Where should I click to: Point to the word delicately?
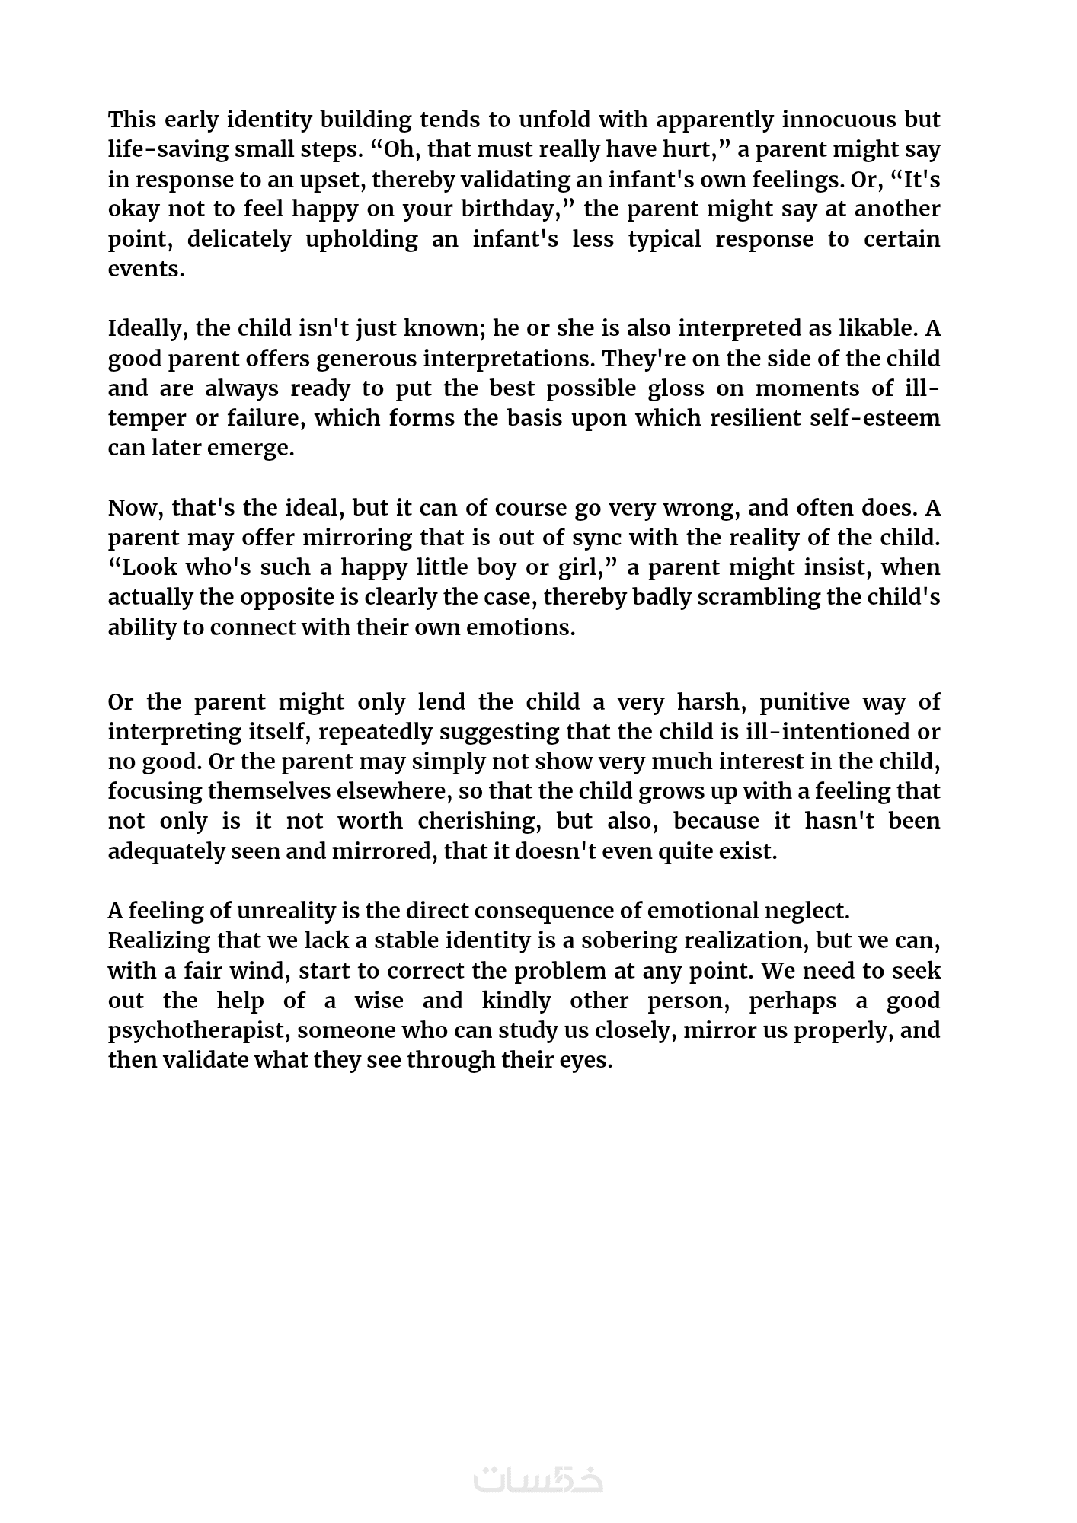(x=239, y=240)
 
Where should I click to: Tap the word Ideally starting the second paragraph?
(x=148, y=329)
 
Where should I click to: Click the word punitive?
(x=801, y=702)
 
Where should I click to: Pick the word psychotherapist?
(x=198, y=1031)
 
